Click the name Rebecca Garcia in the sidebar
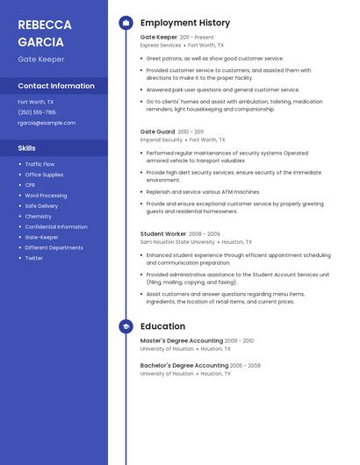[41, 32]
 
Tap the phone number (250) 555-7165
[37, 112]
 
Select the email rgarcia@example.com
[47, 123]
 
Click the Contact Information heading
[56, 86]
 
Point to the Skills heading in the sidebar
[27, 148]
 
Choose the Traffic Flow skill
[40, 164]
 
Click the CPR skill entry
[30, 185]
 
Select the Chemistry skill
[38, 217]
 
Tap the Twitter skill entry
[33, 258]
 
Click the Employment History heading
[185, 23]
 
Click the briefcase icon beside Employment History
[126, 23]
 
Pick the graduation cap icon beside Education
[126, 326]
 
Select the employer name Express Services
[161, 45]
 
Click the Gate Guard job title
[158, 132]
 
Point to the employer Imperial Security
[162, 139]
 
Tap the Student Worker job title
[163, 234]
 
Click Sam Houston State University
[177, 242]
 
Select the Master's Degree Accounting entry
[182, 340]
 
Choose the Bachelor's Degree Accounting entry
[184, 365]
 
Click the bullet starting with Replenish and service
[203, 191]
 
